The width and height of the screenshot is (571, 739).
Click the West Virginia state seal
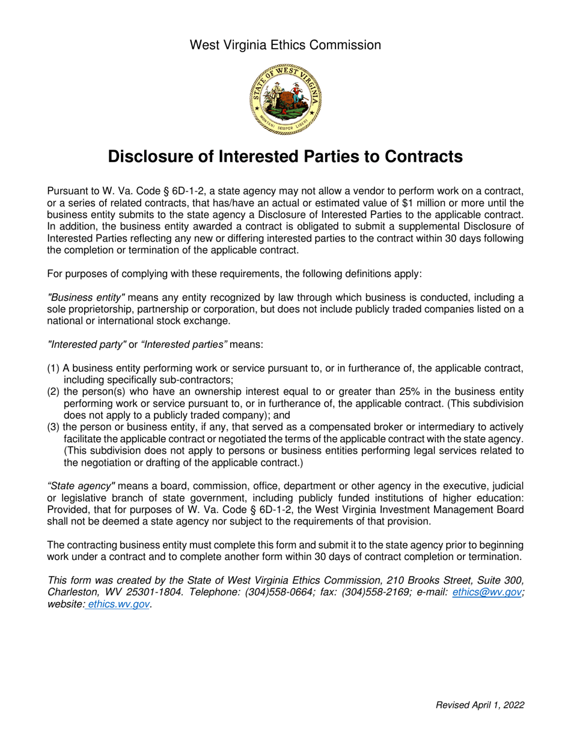(x=285, y=100)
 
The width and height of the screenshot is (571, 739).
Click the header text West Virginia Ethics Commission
(x=285, y=44)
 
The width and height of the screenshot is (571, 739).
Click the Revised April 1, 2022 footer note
(x=480, y=705)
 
